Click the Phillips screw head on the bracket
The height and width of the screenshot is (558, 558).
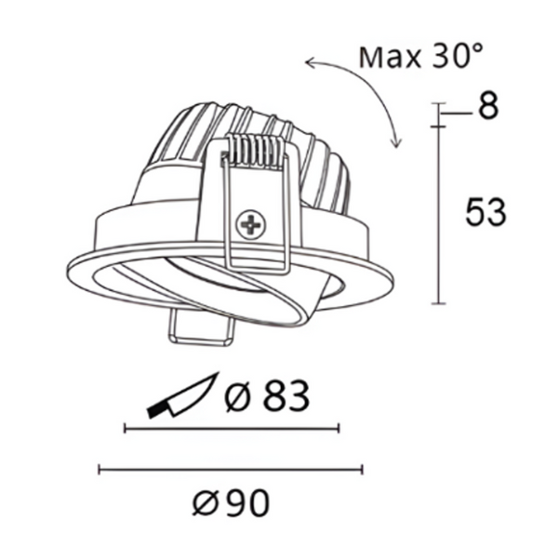tap(250, 223)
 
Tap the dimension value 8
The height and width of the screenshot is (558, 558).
tap(487, 106)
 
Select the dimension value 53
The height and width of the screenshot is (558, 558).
tap(485, 213)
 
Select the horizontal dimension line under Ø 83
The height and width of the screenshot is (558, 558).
tap(232, 429)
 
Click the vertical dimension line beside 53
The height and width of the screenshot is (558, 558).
tap(438, 214)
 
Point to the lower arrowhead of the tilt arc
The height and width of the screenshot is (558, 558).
tap(397, 142)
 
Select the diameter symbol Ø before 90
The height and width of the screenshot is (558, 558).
tap(206, 504)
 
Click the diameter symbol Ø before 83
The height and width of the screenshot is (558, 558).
tap(237, 399)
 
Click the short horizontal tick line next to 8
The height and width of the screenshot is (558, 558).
tap(452, 114)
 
